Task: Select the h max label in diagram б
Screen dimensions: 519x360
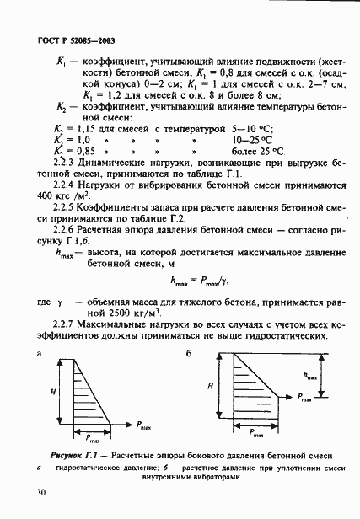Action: click(x=313, y=377)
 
